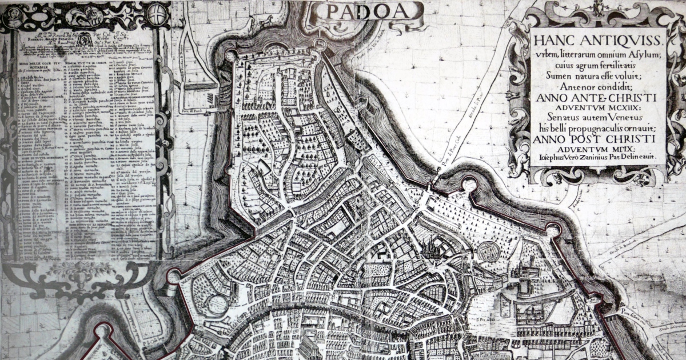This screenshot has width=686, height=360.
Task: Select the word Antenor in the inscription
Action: (564, 86)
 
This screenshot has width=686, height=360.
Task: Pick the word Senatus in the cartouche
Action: (563, 119)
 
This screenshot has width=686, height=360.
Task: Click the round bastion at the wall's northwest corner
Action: (231, 55)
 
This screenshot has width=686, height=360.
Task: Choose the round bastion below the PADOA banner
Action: (320, 44)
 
